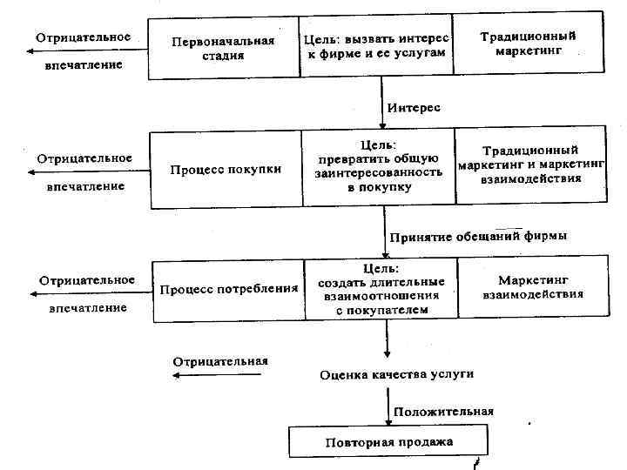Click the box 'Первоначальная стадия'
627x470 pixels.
pyautogui.click(x=223, y=47)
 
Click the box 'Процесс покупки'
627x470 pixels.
pyautogui.click(x=226, y=170)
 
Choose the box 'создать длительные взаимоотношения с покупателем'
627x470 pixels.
pyautogui.click(x=381, y=289)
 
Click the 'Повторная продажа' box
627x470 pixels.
pyautogui.click(x=389, y=442)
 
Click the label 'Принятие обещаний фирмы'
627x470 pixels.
pyautogui.click(x=478, y=236)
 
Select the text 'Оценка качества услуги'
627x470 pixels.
pyautogui.click(x=396, y=374)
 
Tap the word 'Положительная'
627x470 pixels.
pyautogui.click(x=443, y=412)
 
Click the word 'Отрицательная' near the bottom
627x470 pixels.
pyautogui.click(x=220, y=360)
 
